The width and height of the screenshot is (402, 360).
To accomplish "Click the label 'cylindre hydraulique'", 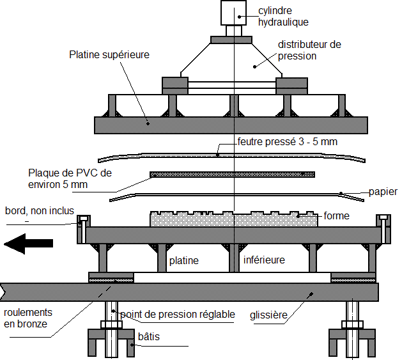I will pyautogui.click(x=283, y=17).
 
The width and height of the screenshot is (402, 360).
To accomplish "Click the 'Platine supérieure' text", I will pyautogui.click(x=109, y=55).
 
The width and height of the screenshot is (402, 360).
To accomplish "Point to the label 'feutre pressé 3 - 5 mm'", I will pyautogui.click(x=286, y=141).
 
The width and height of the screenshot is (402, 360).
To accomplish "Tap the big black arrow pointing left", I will pyautogui.click(x=26, y=244).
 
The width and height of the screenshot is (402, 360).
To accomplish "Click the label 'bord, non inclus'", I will pyautogui.click(x=39, y=210).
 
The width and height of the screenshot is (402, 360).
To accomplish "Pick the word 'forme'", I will pyautogui.click(x=337, y=215).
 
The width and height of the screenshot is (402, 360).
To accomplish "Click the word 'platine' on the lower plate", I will pyautogui.click(x=183, y=260).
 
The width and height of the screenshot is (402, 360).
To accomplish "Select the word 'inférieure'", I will pyautogui.click(x=264, y=260).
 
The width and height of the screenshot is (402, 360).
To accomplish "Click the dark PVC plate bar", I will pyautogui.click(x=232, y=174).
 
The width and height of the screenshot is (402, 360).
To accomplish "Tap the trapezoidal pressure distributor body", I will pyautogui.click(x=233, y=61).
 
